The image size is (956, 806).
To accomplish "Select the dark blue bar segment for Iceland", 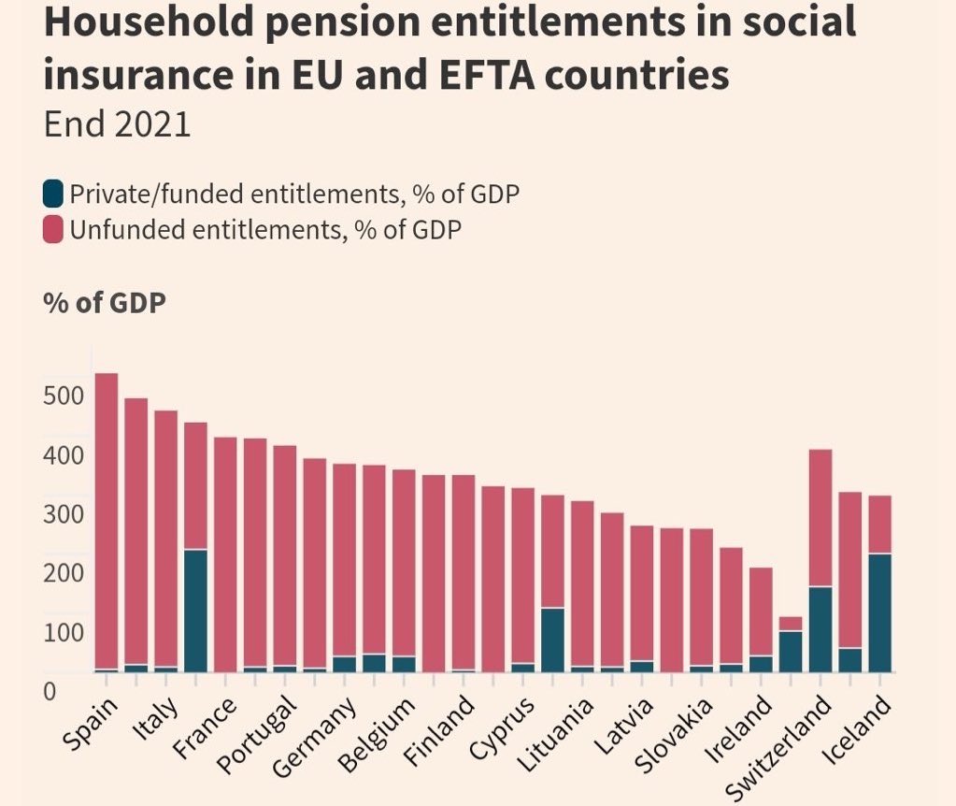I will pyautogui.click(x=880, y=612).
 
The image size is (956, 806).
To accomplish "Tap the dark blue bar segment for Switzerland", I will pyautogui.click(x=820, y=628).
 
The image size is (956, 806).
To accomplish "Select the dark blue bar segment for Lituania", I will pyautogui.click(x=552, y=640).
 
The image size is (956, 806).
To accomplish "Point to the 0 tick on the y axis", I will pyautogui.click(x=50, y=691).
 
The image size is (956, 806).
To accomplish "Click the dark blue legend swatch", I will pyautogui.click(x=53, y=194).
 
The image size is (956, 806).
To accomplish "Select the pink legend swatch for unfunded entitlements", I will pyautogui.click(x=53, y=228).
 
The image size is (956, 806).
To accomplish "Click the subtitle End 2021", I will pyautogui.click(x=118, y=124).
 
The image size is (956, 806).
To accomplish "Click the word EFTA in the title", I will pyautogui.click(x=464, y=73).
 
